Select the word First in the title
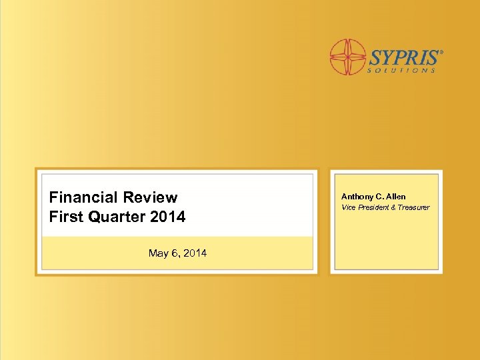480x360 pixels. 64,217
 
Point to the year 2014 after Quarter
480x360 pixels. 169,217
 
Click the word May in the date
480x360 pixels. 159,253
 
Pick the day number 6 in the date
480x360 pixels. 176,253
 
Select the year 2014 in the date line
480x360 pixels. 195,253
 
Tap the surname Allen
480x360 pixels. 395,197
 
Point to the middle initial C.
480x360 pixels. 380,197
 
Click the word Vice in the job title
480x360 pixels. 348,207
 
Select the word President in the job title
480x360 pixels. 374,207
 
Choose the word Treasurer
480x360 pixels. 414,207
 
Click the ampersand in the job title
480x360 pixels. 393,207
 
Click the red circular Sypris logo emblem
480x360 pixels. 347,57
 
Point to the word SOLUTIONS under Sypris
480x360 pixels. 403,69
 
